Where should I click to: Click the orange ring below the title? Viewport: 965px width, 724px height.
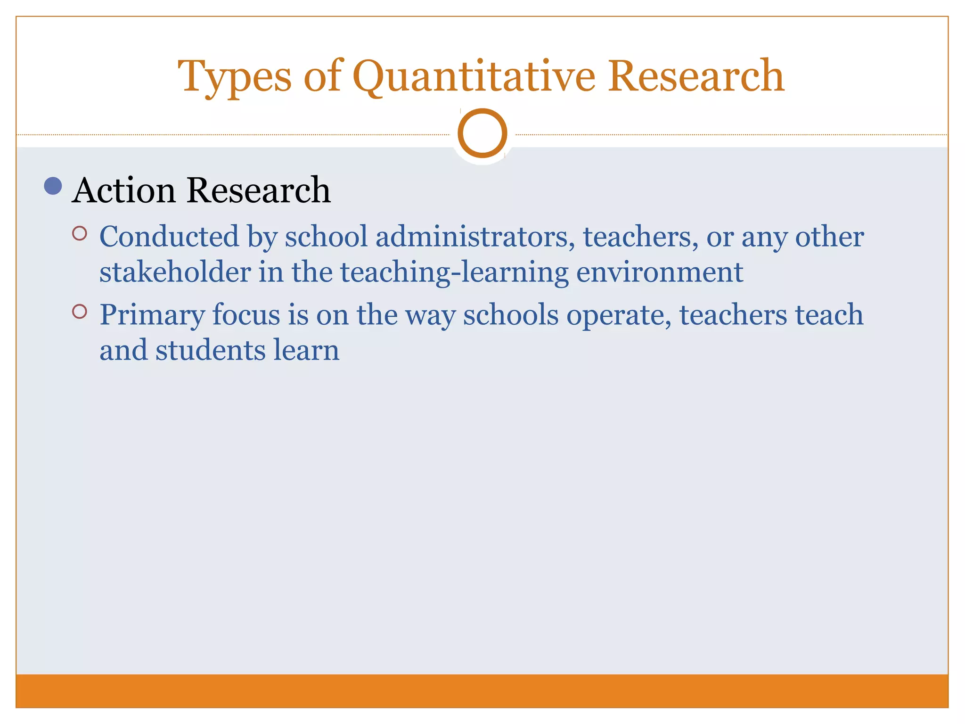tap(482, 133)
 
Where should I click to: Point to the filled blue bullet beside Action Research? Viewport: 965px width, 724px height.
tap(53, 186)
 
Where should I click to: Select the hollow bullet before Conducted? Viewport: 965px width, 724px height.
tap(80, 234)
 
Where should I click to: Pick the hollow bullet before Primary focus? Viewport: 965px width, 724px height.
tap(80, 312)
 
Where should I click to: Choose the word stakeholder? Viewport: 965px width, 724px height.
tap(175, 272)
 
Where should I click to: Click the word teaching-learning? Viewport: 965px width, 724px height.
tap(454, 273)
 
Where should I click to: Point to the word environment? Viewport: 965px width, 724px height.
tap(660, 272)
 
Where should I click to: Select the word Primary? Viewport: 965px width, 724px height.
tap(152, 315)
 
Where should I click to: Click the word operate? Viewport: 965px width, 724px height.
tap(619, 315)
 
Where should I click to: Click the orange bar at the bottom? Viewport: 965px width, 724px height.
tap(482, 691)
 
